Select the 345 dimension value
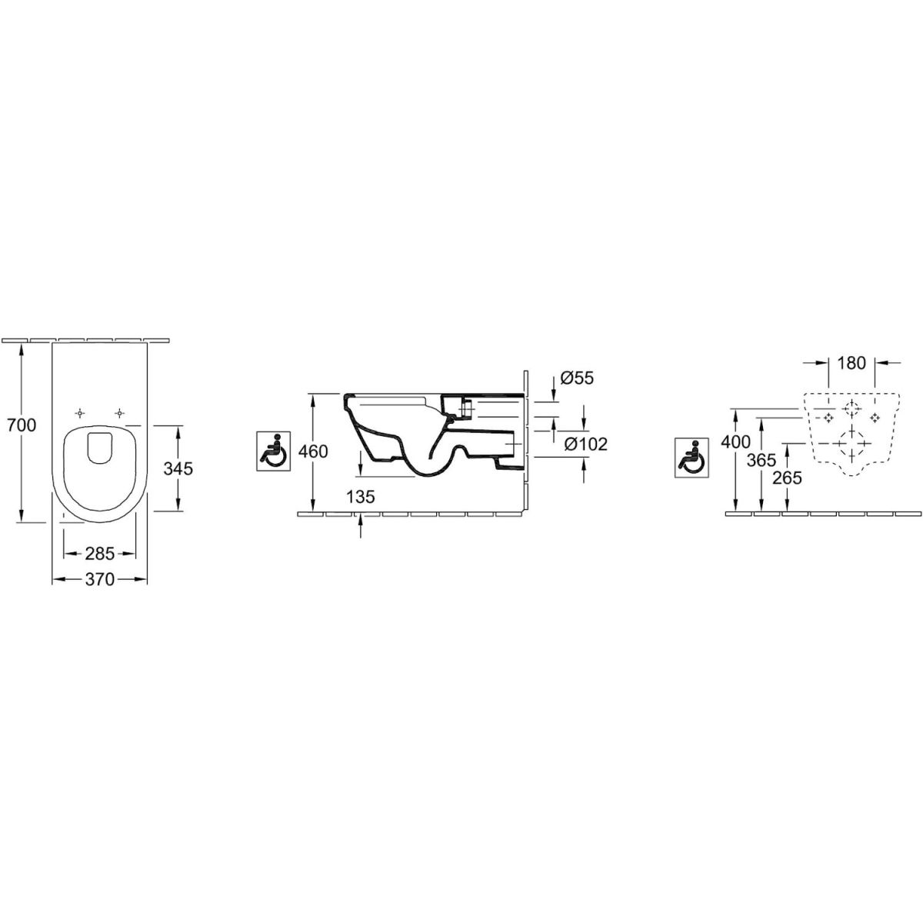[178, 468]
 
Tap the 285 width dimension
[100, 554]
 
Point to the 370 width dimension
[100, 580]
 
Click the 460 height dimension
[313, 452]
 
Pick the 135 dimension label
[361, 497]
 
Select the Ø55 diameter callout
[577, 378]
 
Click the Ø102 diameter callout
[586, 444]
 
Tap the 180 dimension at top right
[852, 363]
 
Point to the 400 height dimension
[736, 442]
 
